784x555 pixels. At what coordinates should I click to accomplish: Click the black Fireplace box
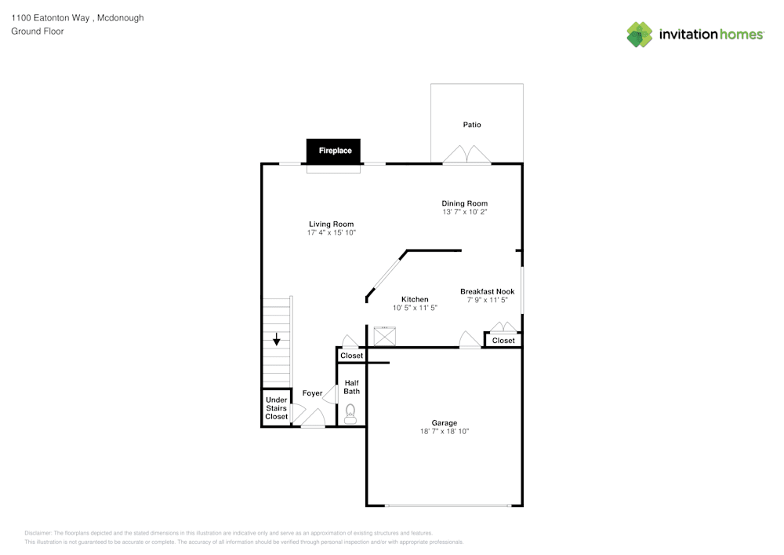tap(335, 150)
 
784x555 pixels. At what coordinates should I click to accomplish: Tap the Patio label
tap(472, 125)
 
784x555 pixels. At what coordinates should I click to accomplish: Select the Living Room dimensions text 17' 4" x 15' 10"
tap(332, 233)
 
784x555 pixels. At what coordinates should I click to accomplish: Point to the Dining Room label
tap(465, 203)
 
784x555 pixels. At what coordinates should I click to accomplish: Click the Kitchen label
tap(415, 299)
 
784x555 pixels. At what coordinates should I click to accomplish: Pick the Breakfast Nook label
tap(487, 291)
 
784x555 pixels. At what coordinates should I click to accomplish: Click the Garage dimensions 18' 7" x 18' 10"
tap(445, 432)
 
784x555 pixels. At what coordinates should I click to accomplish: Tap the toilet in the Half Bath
tap(350, 413)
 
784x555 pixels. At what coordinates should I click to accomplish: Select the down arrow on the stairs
tap(276, 339)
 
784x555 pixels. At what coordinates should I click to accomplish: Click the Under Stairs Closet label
tap(276, 408)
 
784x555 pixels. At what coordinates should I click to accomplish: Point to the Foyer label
tap(312, 393)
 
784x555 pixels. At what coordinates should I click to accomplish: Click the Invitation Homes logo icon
tap(640, 35)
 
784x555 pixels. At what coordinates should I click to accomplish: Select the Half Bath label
tap(352, 387)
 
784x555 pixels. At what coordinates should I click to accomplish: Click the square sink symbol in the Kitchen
tap(385, 336)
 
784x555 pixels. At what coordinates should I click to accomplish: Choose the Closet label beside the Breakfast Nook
tap(503, 341)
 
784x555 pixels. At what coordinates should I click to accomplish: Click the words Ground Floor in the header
tap(38, 31)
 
